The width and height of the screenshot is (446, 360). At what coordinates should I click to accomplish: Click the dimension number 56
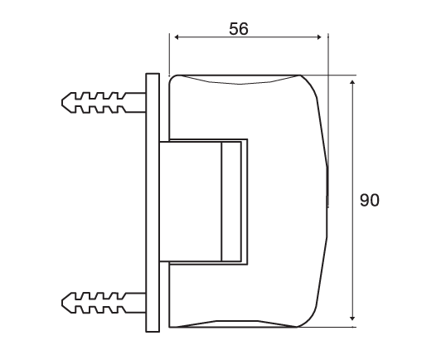coord(238,28)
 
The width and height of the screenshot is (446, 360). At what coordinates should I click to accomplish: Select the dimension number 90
coord(370,200)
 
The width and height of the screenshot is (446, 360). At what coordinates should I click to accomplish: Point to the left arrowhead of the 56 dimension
coord(172,36)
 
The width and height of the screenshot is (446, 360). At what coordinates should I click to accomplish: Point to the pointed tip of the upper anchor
coord(65,103)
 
